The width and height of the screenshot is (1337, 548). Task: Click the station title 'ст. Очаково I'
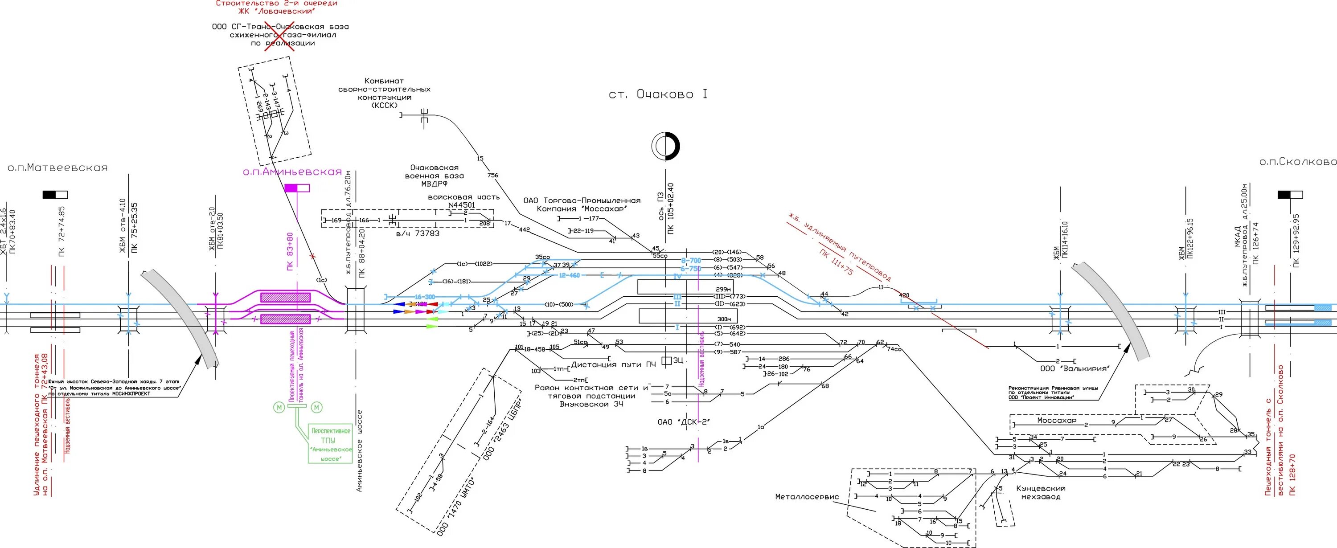(658, 94)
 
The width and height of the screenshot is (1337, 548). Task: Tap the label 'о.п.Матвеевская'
(57, 168)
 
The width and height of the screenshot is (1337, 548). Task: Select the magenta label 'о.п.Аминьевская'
(292, 172)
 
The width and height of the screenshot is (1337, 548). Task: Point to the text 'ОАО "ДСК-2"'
(683, 422)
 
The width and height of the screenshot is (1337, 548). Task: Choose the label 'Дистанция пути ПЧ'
(614, 364)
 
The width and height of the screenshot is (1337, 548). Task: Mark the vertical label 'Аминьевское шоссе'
(360, 450)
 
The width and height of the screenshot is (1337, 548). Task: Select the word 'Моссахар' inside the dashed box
(1057, 420)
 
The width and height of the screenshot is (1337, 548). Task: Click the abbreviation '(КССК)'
(385, 105)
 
